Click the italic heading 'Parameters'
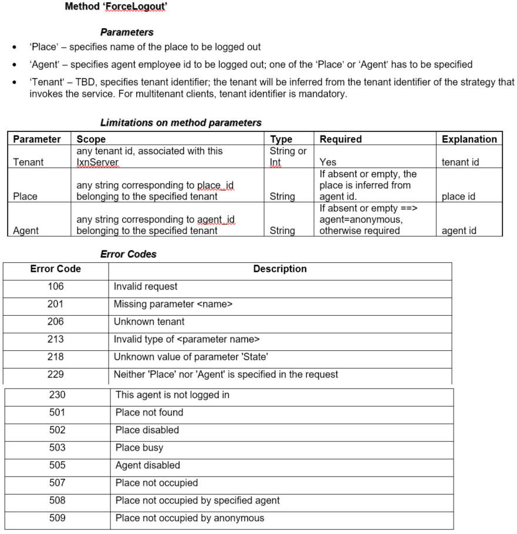[127, 32]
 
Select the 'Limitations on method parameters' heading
[181, 123]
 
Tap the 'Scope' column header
[91, 139]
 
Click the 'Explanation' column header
[469, 139]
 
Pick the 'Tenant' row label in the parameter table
[29, 162]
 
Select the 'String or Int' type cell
[288, 156]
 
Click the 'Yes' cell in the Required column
[328, 162]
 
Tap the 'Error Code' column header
[56, 269]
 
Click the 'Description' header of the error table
[280, 269]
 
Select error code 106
[56, 286]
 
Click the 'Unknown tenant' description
[149, 322]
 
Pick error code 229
[56, 374]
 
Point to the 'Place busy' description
[139, 448]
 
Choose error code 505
[57, 465]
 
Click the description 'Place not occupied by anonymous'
[190, 518]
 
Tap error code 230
[57, 395]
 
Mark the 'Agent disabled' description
[148, 465]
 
